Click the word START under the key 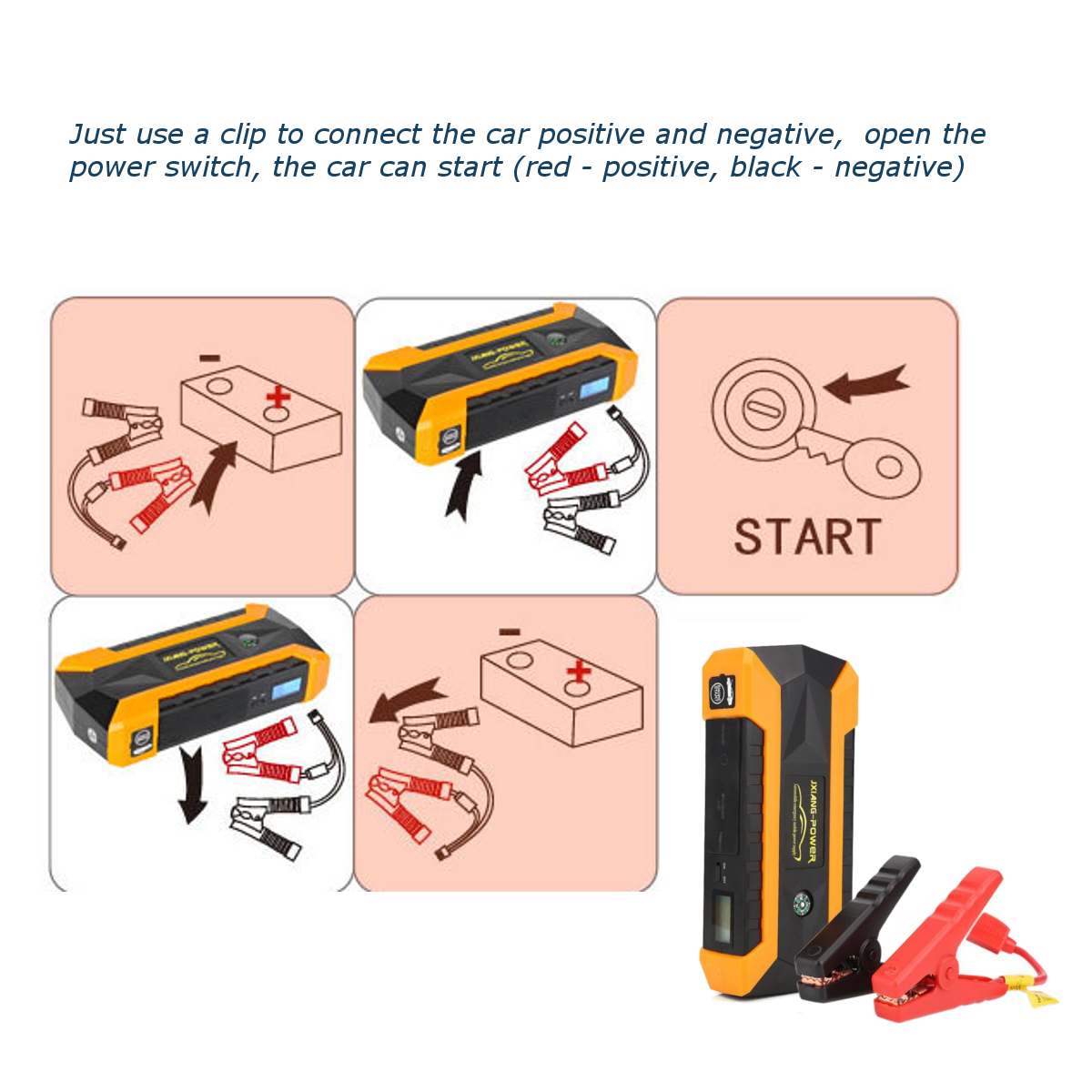[806, 537]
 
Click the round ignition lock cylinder [757, 409]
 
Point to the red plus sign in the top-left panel [278, 399]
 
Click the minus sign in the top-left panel [209, 359]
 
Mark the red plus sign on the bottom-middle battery [578, 673]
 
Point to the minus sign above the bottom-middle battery [509, 631]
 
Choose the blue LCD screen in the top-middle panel [598, 393]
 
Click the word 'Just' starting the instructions [97, 135]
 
